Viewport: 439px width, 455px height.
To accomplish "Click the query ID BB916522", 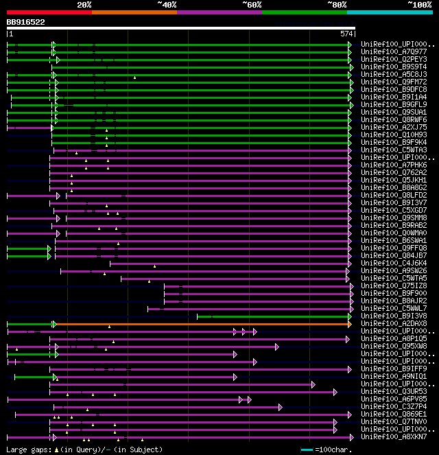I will (26, 22).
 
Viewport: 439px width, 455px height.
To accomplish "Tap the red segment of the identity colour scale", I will (49, 12).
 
